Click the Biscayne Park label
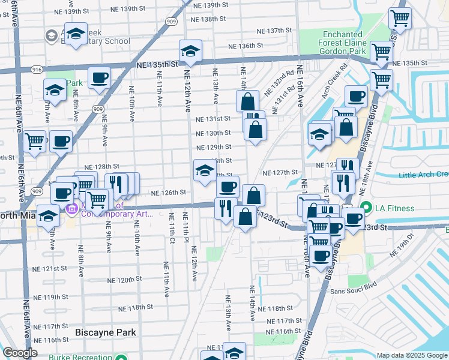[106, 332]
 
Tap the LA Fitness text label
[395, 208]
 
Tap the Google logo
[20, 353]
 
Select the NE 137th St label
[274, 31]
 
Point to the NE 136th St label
[247, 46]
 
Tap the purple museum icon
[72, 209]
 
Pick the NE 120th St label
[125, 280]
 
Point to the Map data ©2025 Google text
[411, 355]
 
